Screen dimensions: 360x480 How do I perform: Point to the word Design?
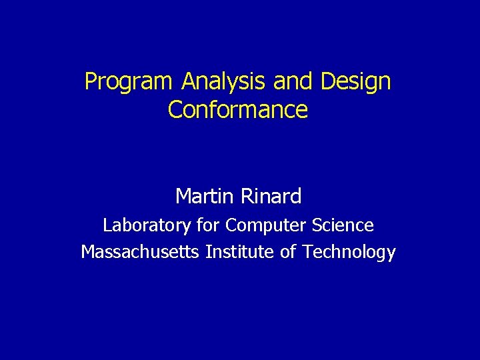click(355, 83)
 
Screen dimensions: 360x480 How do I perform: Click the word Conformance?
click(238, 109)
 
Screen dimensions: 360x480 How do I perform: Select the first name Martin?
click(200, 196)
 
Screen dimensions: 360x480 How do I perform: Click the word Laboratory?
click(147, 226)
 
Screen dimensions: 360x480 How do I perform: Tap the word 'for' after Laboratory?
click(208, 226)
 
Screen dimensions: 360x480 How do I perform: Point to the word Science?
click(341, 226)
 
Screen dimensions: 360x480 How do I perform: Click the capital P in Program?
click(90, 81)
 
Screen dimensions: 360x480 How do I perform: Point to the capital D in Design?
click(327, 81)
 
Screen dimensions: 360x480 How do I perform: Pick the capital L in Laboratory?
click(107, 226)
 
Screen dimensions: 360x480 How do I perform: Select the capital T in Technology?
click(306, 252)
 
